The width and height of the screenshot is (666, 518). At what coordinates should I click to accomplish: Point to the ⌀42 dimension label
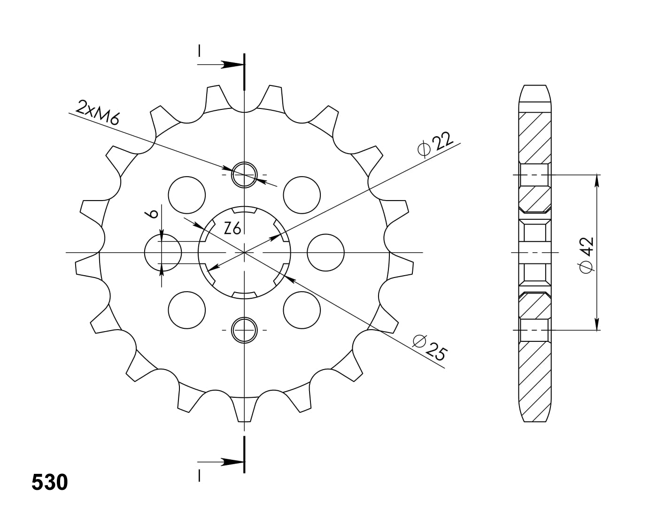click(x=587, y=255)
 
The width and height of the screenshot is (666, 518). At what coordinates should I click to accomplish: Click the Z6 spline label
click(x=232, y=228)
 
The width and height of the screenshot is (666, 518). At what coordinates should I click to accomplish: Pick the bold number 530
click(x=50, y=482)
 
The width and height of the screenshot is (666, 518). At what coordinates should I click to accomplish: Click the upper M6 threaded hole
click(x=244, y=175)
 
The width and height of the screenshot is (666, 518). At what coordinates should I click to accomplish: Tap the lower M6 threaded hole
click(x=244, y=330)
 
